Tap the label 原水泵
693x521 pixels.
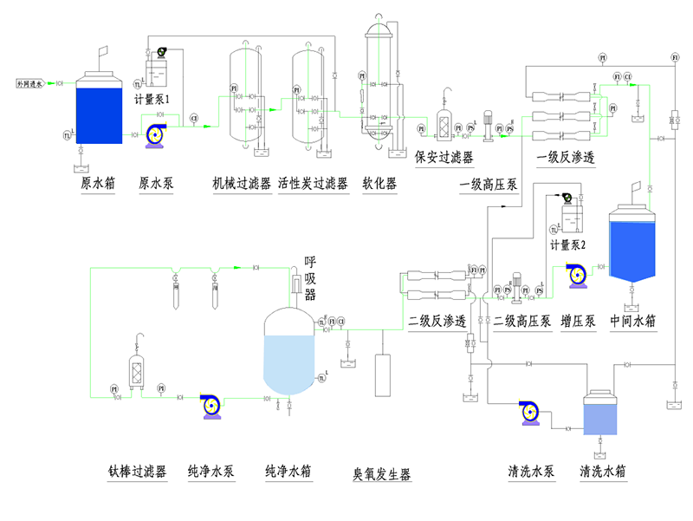tap(157, 184)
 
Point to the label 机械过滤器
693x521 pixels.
tap(241, 184)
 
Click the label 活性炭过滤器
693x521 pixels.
tap(313, 184)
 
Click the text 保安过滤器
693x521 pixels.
tap(444, 157)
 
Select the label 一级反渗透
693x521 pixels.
tap(565, 157)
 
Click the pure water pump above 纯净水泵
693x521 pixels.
tap(210, 405)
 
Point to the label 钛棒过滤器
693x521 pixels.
tap(137, 472)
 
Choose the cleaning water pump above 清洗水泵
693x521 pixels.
tap(530, 413)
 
